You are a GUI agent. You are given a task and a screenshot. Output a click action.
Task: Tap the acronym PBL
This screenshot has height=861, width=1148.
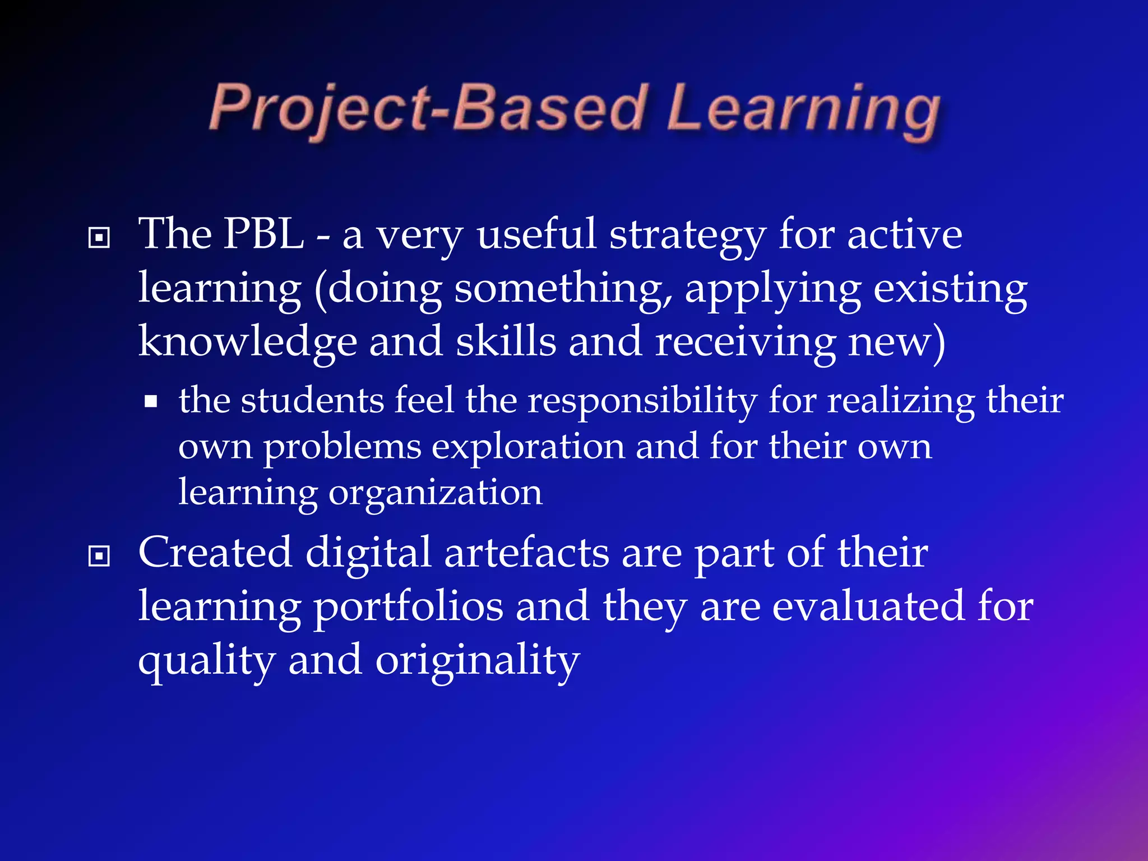(263, 234)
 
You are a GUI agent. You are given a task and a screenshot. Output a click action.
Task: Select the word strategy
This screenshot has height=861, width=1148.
(687, 237)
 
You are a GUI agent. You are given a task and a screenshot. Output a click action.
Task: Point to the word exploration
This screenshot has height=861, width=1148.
(528, 448)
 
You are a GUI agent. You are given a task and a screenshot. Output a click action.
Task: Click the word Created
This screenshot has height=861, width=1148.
(215, 553)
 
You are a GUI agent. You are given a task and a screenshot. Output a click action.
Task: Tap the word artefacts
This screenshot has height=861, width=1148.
(526, 553)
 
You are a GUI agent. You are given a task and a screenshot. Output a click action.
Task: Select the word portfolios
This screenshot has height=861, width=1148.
(408, 608)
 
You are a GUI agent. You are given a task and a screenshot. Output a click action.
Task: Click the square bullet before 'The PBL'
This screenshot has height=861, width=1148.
(99, 238)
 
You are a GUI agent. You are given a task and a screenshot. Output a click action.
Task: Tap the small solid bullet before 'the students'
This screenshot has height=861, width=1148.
(150, 402)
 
